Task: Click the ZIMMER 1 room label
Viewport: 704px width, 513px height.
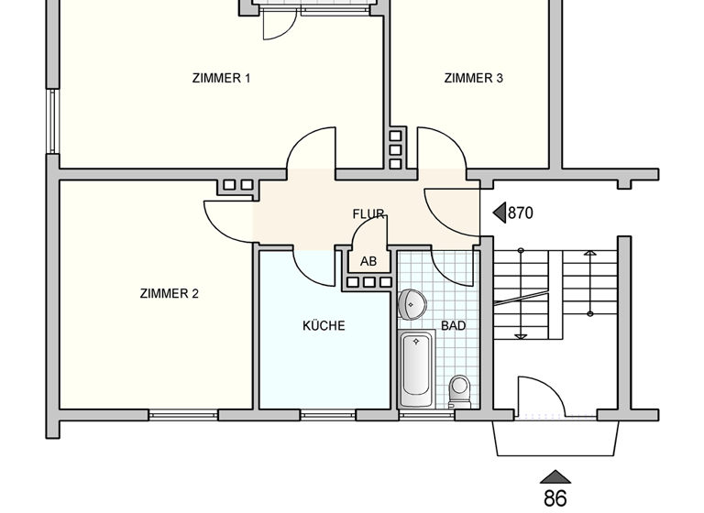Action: click(221, 78)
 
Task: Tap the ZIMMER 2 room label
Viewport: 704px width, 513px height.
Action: click(170, 294)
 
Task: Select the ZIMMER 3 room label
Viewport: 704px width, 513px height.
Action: click(473, 78)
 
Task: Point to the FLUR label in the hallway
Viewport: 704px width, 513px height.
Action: click(368, 214)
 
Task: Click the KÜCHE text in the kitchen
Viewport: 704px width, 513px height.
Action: click(324, 325)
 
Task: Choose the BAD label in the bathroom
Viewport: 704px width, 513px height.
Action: click(453, 325)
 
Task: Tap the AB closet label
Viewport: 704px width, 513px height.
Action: click(368, 261)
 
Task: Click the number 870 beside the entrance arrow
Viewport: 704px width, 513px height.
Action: click(520, 213)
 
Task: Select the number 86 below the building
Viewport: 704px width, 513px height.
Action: click(555, 498)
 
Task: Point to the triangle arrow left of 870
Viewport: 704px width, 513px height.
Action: click(500, 213)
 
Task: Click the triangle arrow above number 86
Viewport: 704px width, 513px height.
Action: click(555, 476)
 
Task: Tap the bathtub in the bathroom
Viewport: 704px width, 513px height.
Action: click(417, 371)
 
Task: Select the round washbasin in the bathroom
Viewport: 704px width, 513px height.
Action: click(413, 303)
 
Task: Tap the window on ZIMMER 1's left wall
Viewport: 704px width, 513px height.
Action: click(52, 122)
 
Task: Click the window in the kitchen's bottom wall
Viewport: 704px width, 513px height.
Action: click(327, 415)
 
